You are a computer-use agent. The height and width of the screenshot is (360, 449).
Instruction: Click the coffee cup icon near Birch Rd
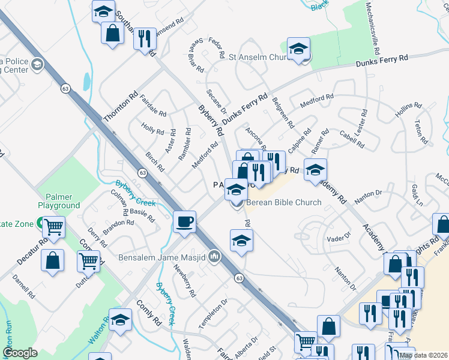tap(185, 221)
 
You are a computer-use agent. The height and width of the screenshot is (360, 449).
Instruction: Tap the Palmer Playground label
tap(59, 201)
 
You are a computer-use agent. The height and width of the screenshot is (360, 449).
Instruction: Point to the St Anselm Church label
tap(259, 58)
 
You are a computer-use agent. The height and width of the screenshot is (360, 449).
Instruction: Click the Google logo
tap(20, 353)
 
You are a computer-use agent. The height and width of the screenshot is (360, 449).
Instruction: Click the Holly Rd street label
tap(152, 128)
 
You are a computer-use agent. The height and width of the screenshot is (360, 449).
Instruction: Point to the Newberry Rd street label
tap(185, 282)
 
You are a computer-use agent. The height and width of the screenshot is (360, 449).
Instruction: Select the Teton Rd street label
tap(421, 132)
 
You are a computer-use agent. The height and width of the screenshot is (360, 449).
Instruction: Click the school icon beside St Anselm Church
tap(298, 50)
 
